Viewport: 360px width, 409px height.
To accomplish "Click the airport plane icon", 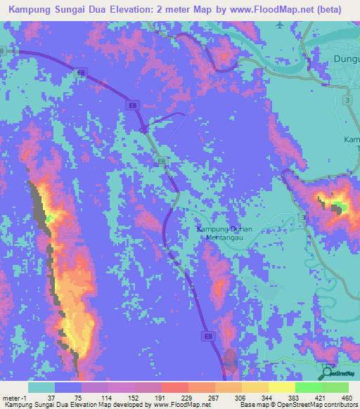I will point(281,25).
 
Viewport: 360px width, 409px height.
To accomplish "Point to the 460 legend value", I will point(347,398).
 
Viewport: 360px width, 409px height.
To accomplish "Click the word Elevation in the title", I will point(141,10).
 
